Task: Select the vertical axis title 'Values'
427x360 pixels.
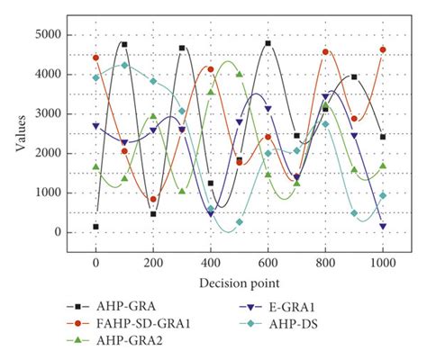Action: coord(20,132)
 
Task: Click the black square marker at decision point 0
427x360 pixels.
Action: coord(95,227)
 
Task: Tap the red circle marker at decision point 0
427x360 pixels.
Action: coord(95,58)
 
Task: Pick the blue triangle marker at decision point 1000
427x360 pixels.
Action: coord(383,227)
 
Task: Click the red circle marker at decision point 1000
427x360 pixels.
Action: coord(383,49)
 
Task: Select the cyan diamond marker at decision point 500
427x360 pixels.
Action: coord(240,221)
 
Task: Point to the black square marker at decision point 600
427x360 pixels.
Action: coord(268,43)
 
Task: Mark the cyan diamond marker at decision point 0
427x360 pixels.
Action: coord(95,77)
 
